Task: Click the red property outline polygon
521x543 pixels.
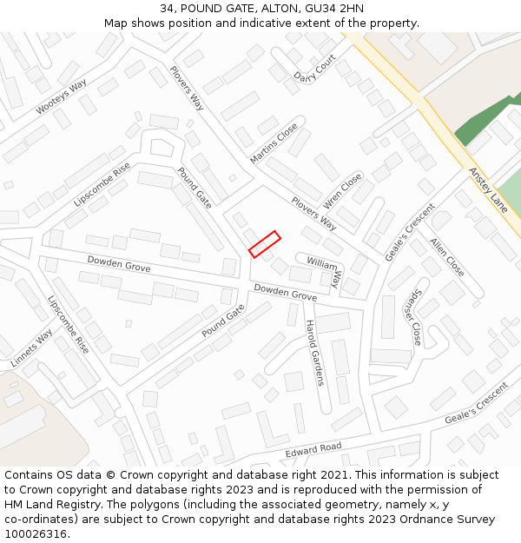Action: click(265, 244)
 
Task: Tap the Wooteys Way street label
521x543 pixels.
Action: click(62, 97)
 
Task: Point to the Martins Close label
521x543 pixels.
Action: click(274, 143)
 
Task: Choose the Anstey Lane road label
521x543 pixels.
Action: click(488, 190)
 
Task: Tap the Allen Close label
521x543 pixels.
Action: click(447, 257)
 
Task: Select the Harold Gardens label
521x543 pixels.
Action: click(313, 353)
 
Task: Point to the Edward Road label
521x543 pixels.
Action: click(313, 451)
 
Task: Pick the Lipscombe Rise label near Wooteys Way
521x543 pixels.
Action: click(102, 184)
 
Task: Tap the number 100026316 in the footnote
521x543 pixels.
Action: click(36, 534)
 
